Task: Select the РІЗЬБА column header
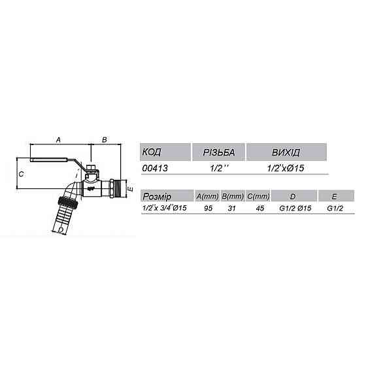click(x=218, y=153)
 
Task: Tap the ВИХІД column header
click(x=286, y=153)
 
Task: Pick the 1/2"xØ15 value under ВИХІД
click(x=286, y=169)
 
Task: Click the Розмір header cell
click(x=157, y=196)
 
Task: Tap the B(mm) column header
click(x=232, y=196)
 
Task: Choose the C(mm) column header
click(x=258, y=196)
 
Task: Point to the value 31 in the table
click(x=232, y=208)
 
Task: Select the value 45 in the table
click(x=258, y=208)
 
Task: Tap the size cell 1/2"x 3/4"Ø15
click(x=165, y=208)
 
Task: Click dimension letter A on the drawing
click(x=59, y=140)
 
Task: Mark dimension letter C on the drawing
click(x=21, y=174)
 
